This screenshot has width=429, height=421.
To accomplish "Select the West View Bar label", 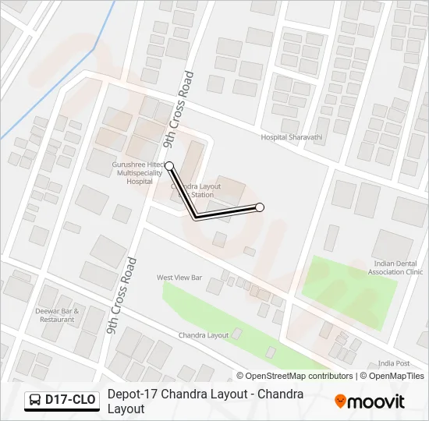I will [179, 278].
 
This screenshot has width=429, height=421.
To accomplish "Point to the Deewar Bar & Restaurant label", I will [57, 315].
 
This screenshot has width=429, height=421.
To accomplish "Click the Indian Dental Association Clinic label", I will [395, 268].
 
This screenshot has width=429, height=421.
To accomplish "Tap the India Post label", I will [394, 363].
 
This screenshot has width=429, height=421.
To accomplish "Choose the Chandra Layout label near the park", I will [204, 335].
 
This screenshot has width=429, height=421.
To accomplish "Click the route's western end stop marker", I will [169, 165].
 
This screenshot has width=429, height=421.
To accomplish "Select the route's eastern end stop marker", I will [260, 207].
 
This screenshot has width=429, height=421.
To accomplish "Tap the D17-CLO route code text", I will [70, 401].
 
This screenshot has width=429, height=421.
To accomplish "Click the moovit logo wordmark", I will [376, 402].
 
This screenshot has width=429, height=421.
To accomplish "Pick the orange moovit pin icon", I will [340, 401].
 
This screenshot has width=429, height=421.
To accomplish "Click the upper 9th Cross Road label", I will [178, 109].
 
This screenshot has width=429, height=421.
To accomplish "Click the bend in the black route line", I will [195, 218].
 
